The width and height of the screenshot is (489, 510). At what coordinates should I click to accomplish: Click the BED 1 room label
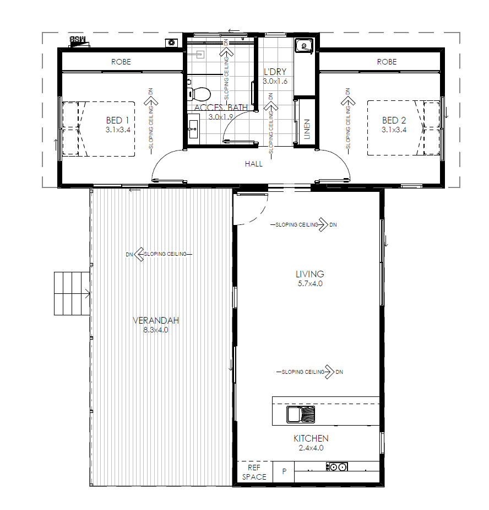(117, 120)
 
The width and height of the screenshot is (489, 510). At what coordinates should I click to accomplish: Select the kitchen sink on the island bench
(300, 414)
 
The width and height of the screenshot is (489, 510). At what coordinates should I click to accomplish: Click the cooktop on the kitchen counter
(336, 467)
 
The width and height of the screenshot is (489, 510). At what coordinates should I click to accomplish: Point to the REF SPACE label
(254, 473)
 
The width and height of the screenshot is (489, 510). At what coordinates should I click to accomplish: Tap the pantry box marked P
(284, 471)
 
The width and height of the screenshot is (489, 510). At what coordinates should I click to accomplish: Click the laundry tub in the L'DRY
(302, 45)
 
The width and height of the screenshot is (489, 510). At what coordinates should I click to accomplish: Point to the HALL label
(254, 164)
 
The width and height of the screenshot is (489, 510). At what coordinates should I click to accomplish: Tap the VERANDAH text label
(156, 320)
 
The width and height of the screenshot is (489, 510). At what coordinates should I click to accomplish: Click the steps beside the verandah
(72, 293)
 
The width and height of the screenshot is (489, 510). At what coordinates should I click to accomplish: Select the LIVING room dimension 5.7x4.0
(309, 284)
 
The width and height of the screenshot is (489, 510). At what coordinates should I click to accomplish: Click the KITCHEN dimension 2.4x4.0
(311, 448)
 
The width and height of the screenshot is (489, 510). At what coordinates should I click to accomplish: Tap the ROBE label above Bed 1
(121, 62)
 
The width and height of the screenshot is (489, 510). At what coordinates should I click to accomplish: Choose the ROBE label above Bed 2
(386, 62)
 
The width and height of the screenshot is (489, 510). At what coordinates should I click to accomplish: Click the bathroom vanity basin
(193, 127)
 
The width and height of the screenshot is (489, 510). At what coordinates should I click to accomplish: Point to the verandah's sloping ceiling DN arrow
(139, 254)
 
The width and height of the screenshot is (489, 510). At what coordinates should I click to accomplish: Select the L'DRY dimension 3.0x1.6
(275, 81)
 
